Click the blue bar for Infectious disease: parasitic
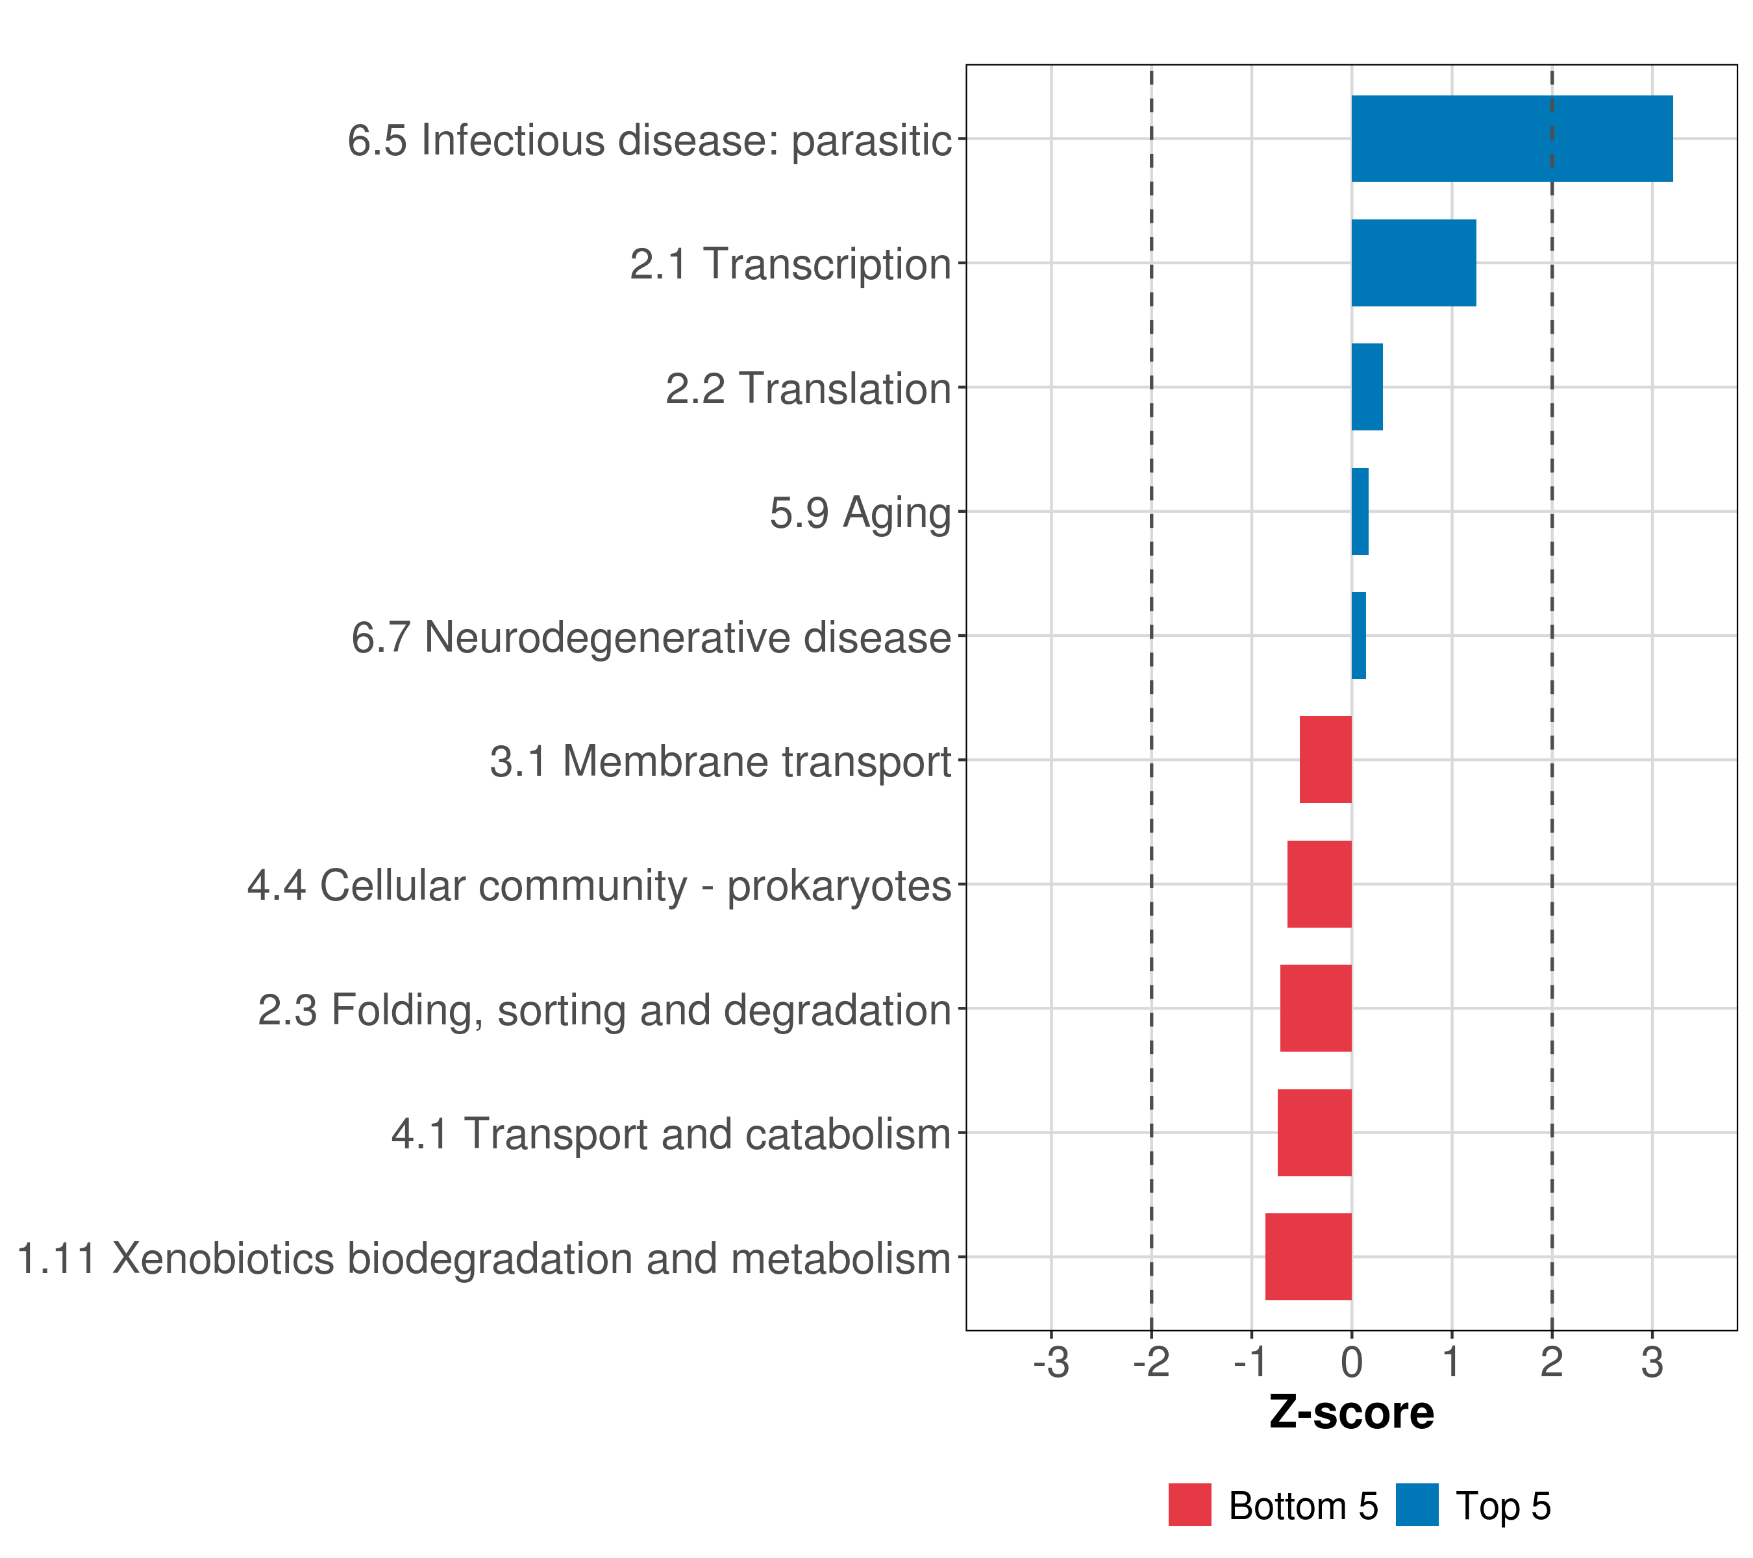point(1511,138)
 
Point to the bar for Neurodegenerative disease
point(1358,636)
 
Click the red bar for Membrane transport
point(1326,760)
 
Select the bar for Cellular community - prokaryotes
point(1319,884)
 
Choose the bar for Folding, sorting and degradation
point(1315,1008)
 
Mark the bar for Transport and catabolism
point(1315,1133)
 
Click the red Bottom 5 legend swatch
point(1189,1505)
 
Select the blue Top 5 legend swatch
point(1417,1505)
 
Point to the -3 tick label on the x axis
point(1051,1363)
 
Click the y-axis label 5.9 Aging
point(860,513)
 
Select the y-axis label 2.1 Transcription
point(790,264)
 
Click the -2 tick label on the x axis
point(1151,1363)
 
